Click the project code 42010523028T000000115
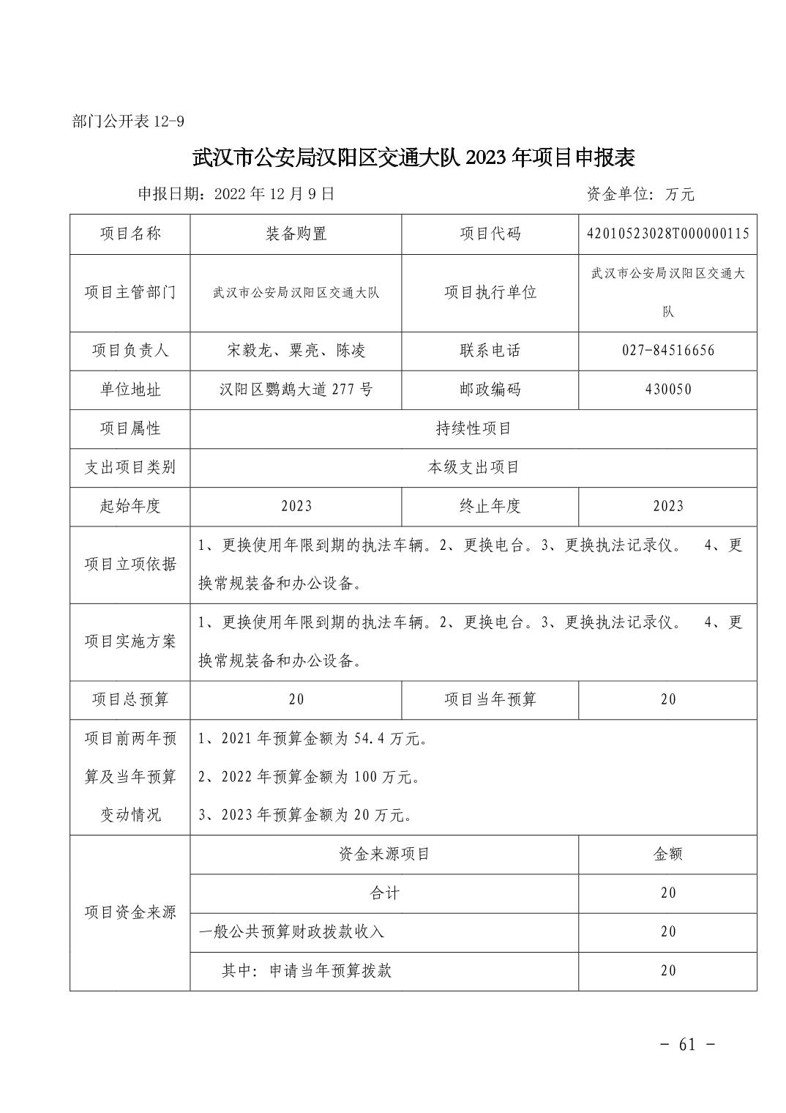pos(667,234)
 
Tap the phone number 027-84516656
pos(667,351)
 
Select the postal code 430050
pos(667,390)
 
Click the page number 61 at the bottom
pos(686,1044)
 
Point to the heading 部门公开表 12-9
pos(128,122)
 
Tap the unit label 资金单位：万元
pos(640,194)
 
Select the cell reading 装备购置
pos(296,234)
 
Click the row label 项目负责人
pos(130,351)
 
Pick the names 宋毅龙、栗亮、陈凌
pos(296,351)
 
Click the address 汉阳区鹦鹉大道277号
pos(296,390)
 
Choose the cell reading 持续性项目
pos(473,428)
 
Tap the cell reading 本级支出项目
pos(473,467)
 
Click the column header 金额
pos(667,854)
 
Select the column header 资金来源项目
pos(384,854)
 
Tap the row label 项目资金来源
pos(130,912)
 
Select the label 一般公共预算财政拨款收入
pos(291,931)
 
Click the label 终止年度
pos(490,506)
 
